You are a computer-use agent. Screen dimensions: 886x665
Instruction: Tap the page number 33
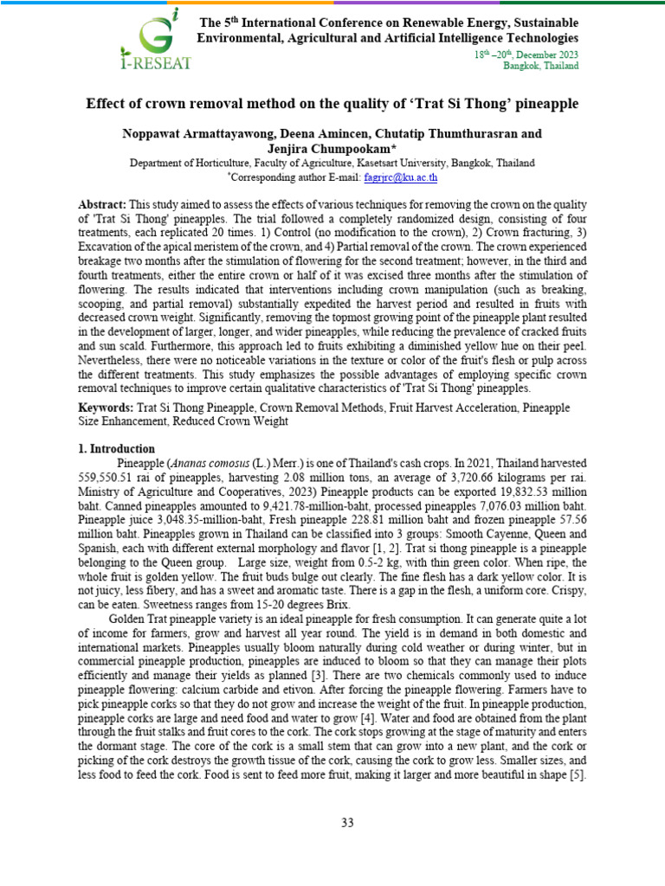pos(347,823)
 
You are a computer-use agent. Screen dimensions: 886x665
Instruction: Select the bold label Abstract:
pos(102,204)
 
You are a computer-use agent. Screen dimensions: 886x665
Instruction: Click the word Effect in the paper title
pos(106,104)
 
